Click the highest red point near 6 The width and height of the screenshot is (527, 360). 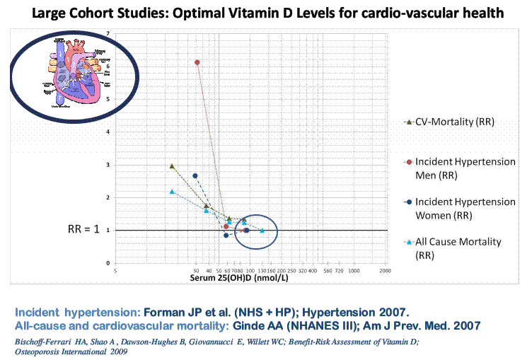pos(197,62)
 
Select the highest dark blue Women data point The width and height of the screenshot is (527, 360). pos(195,175)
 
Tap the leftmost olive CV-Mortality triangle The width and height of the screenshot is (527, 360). pos(172,166)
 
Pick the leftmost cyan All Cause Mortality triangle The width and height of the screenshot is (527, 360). pos(172,192)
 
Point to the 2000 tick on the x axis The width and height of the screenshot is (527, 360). pos(385,271)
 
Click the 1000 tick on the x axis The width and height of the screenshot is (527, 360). pos(354,271)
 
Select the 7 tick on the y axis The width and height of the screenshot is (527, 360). pos(108,34)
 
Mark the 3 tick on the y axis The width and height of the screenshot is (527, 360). pos(108,165)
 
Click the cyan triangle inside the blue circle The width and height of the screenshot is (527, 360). pos(262,231)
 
